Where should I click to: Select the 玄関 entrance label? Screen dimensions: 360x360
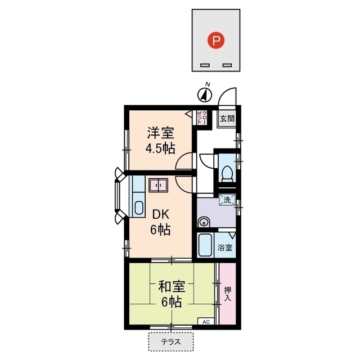227,119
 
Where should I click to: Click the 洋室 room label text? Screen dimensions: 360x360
160,133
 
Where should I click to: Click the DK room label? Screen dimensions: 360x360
160,214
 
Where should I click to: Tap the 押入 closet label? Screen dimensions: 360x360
227,294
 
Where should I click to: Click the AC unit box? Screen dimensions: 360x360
205,322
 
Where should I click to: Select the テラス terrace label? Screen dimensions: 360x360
171,341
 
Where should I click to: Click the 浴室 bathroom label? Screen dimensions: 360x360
225,247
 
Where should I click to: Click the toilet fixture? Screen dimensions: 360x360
228,172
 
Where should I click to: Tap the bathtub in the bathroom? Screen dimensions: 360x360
205,245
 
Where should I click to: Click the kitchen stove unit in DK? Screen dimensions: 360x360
158,185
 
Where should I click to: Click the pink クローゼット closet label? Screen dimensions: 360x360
202,118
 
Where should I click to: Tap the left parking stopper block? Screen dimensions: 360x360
205,65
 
